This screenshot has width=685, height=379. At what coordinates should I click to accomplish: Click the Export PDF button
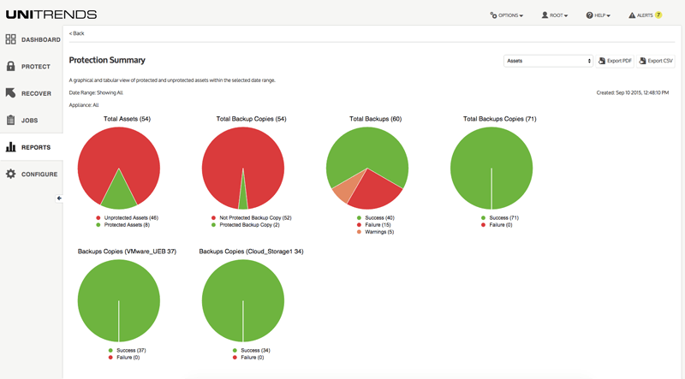coord(615,62)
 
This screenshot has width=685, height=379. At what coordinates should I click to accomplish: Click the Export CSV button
coord(656,62)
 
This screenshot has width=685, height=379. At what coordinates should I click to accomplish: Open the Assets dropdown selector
coord(548,62)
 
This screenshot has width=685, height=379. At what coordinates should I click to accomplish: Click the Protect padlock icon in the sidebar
coord(11,67)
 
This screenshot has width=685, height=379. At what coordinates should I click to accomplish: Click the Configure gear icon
coord(11,175)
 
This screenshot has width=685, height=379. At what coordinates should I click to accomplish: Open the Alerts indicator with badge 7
coord(645,15)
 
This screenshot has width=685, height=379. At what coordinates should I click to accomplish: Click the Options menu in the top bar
coord(506,15)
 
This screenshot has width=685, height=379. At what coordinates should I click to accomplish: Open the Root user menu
coord(555,15)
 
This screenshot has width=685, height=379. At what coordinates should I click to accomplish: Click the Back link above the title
coord(77,33)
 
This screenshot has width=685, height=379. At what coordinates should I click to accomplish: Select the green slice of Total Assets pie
coord(118,194)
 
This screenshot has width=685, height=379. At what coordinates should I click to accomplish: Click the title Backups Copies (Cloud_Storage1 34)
coord(251,252)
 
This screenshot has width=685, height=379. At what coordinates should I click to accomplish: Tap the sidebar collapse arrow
coord(59,198)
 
